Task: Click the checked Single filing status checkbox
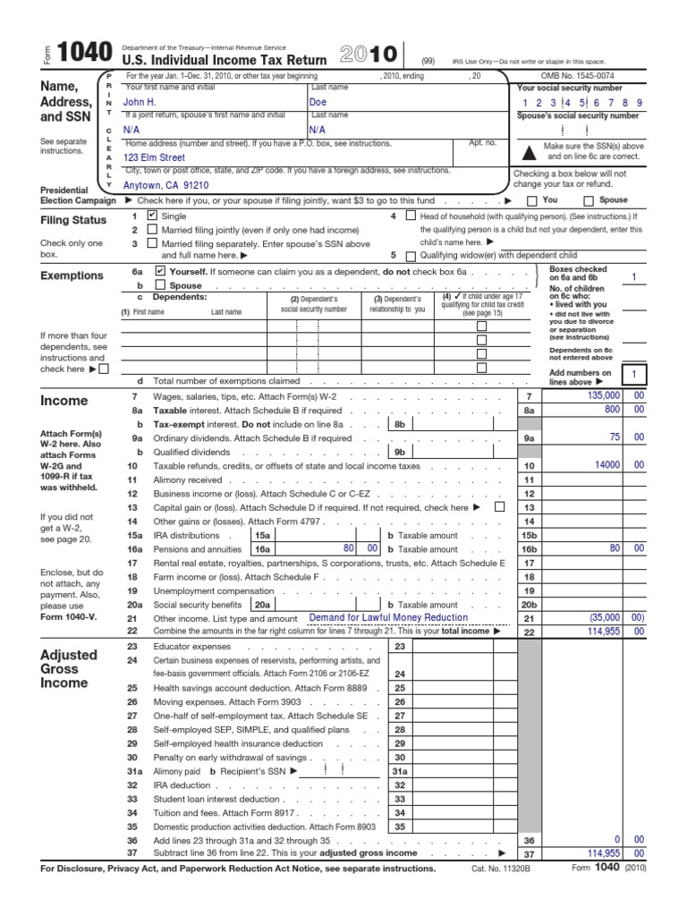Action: [x=152, y=216]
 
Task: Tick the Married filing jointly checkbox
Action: [x=152, y=229]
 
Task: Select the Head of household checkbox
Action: [x=411, y=216]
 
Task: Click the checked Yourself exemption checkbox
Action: [x=160, y=269]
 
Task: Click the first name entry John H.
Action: [x=140, y=103]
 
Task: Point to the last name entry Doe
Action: [x=318, y=103]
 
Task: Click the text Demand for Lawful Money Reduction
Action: [x=387, y=617]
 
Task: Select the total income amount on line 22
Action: [x=599, y=632]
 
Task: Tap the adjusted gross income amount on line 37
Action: [x=599, y=854]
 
